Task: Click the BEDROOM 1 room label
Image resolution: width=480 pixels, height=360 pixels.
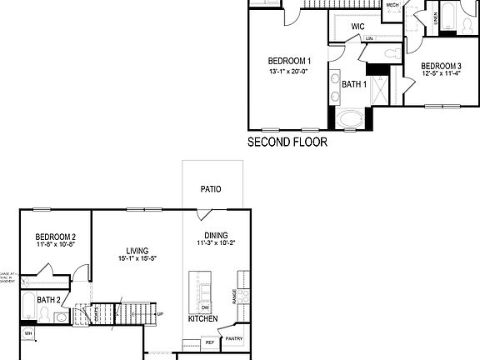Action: (289, 61)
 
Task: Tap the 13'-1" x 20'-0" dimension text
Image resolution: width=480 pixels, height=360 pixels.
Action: (289, 72)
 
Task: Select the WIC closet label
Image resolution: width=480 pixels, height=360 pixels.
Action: (358, 27)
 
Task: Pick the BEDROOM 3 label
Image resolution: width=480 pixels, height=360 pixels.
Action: (441, 66)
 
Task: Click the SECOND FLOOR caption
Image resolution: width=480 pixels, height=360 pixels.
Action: (287, 142)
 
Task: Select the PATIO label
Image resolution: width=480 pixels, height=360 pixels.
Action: (211, 189)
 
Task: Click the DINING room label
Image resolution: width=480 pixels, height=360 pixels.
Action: (217, 236)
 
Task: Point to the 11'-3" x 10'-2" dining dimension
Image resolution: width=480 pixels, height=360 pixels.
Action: (217, 244)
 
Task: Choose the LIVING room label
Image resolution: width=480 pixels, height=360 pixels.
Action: (137, 250)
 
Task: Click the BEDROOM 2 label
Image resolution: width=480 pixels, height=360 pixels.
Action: (57, 237)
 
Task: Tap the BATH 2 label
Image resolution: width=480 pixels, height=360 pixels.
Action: (47, 299)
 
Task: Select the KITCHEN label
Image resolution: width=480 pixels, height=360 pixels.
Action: (202, 319)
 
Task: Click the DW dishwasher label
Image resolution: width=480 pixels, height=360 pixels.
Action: (205, 308)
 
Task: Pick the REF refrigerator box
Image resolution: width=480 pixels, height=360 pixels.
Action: (209, 342)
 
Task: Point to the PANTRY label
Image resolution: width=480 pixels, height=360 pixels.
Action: (233, 338)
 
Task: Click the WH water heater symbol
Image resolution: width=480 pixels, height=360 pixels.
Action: (27, 334)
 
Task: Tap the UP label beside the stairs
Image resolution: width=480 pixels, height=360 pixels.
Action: (160, 314)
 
